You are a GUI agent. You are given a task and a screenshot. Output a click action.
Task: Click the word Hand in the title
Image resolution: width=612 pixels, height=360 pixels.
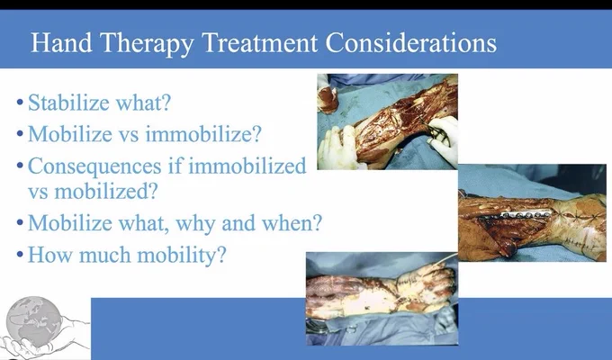click(61, 42)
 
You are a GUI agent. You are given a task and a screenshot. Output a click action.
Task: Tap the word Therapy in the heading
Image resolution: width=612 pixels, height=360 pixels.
click(147, 44)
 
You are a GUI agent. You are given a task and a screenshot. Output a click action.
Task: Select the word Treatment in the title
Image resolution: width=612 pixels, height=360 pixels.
click(260, 42)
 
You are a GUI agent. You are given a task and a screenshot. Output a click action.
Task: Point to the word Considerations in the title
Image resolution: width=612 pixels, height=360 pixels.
click(411, 42)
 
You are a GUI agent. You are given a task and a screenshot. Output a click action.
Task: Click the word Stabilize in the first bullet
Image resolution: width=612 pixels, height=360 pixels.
click(68, 103)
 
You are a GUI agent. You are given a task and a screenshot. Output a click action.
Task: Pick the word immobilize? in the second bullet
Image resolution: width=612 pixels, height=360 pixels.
click(203, 134)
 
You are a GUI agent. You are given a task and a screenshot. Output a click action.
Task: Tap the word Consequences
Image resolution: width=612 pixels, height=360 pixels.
click(94, 166)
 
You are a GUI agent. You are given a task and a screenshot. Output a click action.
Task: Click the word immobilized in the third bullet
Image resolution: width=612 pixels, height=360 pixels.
click(247, 166)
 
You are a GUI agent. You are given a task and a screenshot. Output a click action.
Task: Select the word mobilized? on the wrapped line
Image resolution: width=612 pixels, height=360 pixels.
click(106, 192)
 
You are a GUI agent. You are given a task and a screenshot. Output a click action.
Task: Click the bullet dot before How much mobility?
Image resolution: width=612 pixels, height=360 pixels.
click(21, 256)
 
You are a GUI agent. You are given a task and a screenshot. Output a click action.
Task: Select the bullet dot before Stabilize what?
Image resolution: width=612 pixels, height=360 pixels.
click(21, 103)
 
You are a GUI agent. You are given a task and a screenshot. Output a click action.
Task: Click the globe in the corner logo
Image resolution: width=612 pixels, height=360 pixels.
click(34, 321)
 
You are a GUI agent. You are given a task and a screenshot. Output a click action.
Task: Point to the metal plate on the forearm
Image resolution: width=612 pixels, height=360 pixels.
click(526, 214)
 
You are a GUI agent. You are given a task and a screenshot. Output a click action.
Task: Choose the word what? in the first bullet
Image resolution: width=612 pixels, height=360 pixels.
click(144, 103)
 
